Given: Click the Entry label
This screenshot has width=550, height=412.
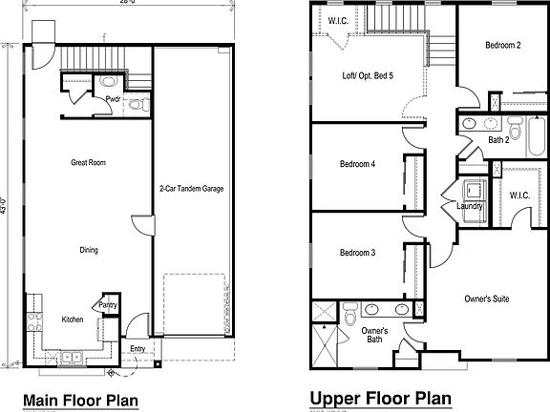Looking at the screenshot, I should [137, 349].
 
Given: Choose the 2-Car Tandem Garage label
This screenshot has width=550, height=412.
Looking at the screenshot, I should [191, 190].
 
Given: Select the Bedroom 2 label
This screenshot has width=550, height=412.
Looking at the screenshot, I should [503, 45].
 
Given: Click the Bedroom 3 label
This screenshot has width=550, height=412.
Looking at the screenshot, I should [357, 253].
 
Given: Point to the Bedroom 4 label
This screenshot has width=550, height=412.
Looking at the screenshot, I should [357, 164].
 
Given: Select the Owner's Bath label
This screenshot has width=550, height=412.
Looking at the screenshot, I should [375, 336].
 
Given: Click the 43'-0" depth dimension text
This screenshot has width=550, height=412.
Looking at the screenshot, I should [7, 203].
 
